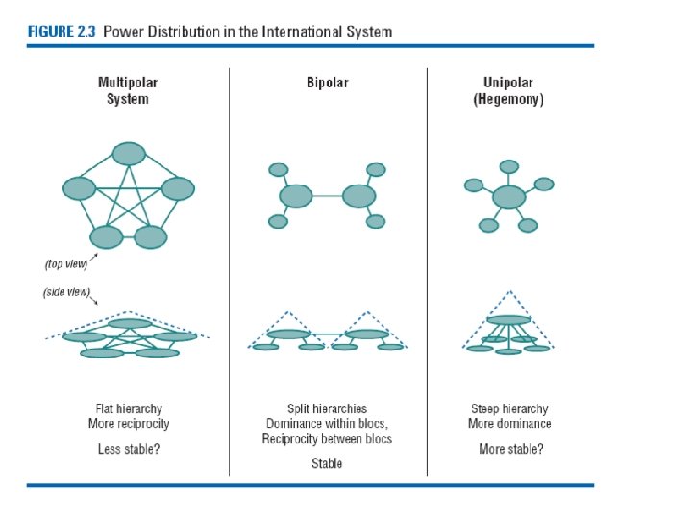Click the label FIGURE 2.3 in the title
(x=61, y=31)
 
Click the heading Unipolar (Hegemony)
(x=508, y=91)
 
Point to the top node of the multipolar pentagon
(x=128, y=153)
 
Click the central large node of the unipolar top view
(x=508, y=197)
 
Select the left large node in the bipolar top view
(x=297, y=197)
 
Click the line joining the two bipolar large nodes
(x=327, y=197)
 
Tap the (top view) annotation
(x=67, y=262)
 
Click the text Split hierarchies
(x=327, y=408)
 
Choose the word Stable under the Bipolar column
(x=327, y=463)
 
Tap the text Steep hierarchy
(x=509, y=408)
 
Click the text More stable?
(x=510, y=449)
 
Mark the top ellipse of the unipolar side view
(x=508, y=320)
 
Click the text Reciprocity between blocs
(x=327, y=439)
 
